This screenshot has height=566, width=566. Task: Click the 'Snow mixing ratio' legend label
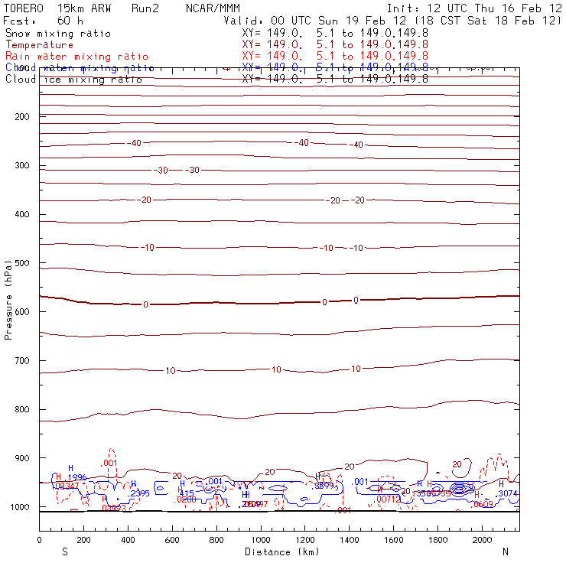(x=57, y=34)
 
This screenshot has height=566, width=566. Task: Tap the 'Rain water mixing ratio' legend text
(x=76, y=57)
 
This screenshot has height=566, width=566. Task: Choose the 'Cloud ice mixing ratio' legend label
(x=73, y=79)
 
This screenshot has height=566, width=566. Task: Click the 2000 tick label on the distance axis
(x=483, y=541)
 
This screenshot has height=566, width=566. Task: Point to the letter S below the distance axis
(x=64, y=551)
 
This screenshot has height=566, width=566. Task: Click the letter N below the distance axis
(x=505, y=551)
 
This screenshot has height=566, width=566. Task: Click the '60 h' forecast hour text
(x=70, y=21)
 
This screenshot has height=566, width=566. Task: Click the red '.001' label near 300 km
(x=109, y=463)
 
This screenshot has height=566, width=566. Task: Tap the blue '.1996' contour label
(x=76, y=477)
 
